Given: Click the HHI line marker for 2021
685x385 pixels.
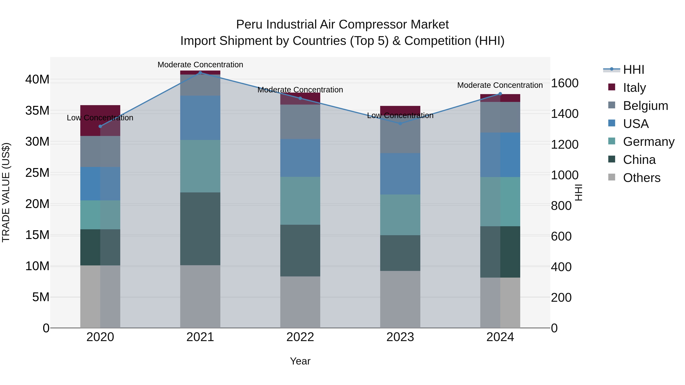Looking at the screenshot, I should click(200, 73).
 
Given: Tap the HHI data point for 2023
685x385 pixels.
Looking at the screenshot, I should click(400, 124).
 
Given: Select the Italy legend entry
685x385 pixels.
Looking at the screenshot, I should click(634, 87).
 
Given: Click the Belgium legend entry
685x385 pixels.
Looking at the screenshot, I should click(645, 106).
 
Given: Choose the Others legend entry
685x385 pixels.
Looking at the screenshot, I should click(641, 178).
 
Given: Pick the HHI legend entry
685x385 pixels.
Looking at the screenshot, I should click(633, 69).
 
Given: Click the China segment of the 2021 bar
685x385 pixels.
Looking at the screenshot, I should click(200, 229).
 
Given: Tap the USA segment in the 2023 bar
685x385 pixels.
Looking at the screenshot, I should click(400, 174).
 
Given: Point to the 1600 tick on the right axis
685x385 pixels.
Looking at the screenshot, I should click(565, 83).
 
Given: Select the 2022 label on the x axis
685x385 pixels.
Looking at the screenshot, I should click(300, 337).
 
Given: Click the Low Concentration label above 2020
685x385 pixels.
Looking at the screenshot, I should click(100, 118).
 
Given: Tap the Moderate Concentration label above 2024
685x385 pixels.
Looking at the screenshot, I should click(500, 85).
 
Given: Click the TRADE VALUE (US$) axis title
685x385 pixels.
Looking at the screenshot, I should click(6, 192).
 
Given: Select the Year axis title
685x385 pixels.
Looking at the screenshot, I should click(300, 361).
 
